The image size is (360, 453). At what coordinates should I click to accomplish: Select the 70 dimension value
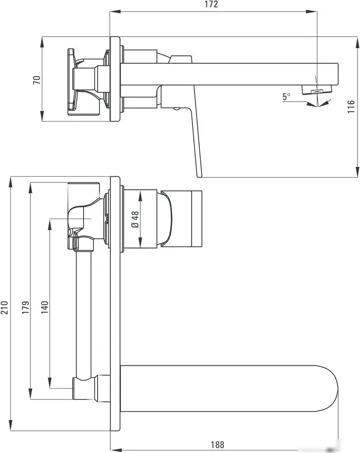[37, 79]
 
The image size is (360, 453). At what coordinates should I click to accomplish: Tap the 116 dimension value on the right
[351, 107]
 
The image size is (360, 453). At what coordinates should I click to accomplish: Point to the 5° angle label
[286, 97]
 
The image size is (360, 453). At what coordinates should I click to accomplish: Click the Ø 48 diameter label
[135, 219]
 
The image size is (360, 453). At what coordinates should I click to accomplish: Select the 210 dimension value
[5, 307]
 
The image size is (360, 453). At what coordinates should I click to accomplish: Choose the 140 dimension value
[45, 307]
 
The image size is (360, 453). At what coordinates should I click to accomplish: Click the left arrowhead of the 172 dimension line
[112, 12]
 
